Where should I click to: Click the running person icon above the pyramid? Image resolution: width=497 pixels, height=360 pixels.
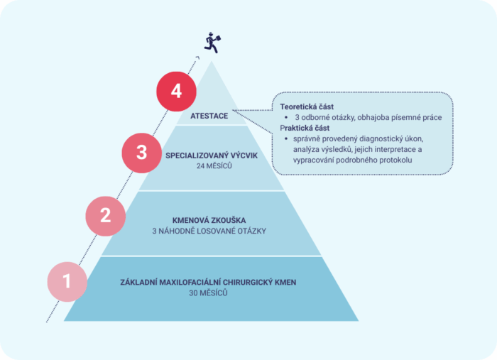212,43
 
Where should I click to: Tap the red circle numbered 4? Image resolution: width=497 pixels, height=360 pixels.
176,92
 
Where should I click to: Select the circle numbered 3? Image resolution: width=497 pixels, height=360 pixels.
142,153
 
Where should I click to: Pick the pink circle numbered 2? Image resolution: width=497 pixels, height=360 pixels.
106,216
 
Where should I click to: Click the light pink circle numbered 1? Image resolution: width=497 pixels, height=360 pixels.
67,281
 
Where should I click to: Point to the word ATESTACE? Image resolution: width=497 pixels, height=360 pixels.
209,116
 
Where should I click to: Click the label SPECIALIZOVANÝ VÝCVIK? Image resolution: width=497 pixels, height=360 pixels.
212,156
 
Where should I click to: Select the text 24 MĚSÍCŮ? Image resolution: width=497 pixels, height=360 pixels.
214,166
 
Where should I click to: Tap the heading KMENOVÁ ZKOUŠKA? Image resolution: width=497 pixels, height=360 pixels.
209,220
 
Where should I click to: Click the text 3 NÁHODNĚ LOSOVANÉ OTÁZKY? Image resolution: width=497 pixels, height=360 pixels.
209,231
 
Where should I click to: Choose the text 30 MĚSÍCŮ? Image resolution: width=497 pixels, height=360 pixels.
208,293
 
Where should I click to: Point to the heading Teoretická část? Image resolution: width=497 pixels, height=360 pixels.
307,107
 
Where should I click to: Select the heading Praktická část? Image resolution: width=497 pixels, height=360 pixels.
305,128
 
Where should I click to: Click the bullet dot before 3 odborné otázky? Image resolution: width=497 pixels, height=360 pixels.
286,118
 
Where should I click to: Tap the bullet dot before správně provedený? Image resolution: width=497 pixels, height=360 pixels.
286,138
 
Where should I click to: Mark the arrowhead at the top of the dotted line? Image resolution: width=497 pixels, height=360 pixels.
197,58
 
